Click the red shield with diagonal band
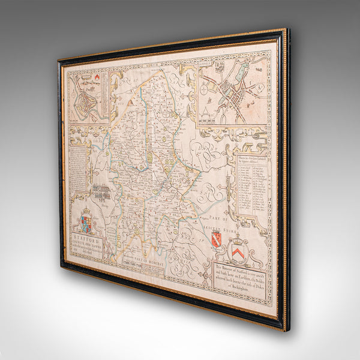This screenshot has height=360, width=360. click(216, 239)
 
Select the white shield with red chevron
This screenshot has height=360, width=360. click(238, 248)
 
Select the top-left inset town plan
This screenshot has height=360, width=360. click(88, 97)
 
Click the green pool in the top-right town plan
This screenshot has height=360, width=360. click(240, 74)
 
